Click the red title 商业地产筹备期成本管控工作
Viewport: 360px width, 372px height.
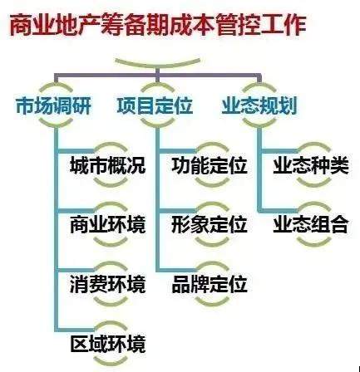[x=158, y=25]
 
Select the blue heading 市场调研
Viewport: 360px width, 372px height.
[x=53, y=105]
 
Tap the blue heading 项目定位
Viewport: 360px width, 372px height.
[x=155, y=105]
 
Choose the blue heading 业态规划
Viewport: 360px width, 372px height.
[x=259, y=105]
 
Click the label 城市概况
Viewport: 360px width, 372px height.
[x=107, y=165]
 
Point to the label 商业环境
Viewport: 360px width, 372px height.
[x=107, y=224]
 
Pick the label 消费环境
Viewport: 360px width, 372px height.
[x=107, y=284]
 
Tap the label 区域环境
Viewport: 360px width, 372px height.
[x=107, y=344]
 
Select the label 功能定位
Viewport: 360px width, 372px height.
[x=210, y=165]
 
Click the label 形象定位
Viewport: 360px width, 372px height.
[x=210, y=224]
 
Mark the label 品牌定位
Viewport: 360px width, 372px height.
[x=210, y=284]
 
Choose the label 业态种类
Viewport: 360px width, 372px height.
[x=311, y=165]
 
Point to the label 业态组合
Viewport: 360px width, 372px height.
[x=311, y=224]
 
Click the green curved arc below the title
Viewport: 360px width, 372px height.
[x=157, y=65]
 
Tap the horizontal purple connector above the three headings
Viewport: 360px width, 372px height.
[x=158, y=75]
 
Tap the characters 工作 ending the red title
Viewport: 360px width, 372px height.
[x=284, y=25]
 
